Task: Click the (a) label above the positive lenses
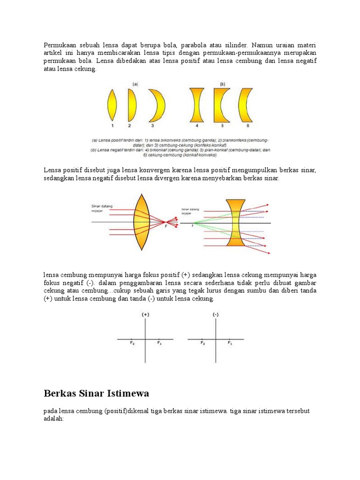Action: pos(135,84)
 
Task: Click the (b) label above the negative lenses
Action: pos(222,84)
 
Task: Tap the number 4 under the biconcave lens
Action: pos(197,126)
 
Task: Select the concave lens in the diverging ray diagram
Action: pos(235,223)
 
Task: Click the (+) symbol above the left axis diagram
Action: pos(145,315)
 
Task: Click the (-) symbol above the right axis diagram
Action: pos(216,315)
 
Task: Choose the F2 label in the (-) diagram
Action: pos(202,343)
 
